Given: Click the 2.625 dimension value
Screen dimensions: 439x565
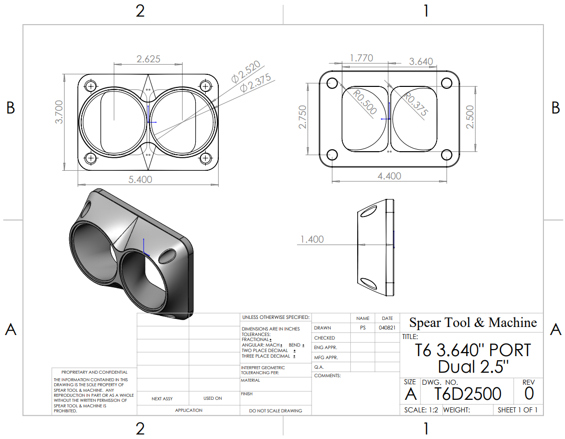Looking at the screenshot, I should [149, 59].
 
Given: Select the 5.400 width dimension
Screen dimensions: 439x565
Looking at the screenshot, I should [140, 179].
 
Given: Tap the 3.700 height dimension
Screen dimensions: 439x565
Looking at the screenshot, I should [59, 112].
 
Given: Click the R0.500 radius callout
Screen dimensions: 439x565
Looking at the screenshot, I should [365, 102].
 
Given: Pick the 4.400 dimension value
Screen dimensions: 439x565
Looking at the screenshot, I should [389, 176].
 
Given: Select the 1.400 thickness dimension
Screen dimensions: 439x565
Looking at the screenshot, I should [312, 240].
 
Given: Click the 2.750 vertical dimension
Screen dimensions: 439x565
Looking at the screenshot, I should [303, 117].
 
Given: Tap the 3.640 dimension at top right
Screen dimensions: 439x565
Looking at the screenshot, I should [421, 61].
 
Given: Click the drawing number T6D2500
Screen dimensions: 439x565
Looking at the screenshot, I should [467, 394].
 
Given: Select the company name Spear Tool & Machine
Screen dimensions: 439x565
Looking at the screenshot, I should [473, 322].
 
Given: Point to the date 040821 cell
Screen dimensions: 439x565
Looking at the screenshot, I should [387, 327].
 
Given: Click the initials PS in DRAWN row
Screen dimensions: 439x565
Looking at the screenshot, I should [363, 327].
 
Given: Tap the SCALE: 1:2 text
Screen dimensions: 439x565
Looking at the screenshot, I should [421, 410].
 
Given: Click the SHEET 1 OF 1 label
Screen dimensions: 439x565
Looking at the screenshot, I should [517, 410].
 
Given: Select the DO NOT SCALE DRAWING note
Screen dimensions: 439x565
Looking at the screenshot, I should [275, 410].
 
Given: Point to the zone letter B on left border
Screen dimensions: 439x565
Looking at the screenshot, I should [11, 107].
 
